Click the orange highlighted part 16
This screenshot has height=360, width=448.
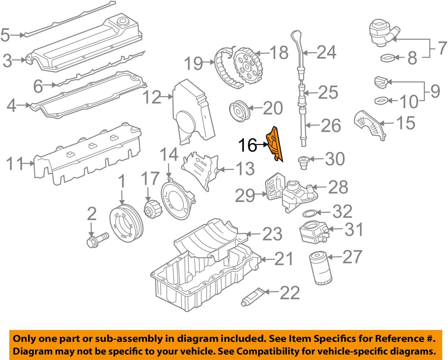click(x=275, y=144)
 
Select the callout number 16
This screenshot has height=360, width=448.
click(x=247, y=145)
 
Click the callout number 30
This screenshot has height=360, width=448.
click(x=335, y=159)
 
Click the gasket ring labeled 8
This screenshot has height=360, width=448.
click(x=387, y=58)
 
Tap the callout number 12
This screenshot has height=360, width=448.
click(x=152, y=97)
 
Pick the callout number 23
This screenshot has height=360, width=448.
click(x=272, y=234)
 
